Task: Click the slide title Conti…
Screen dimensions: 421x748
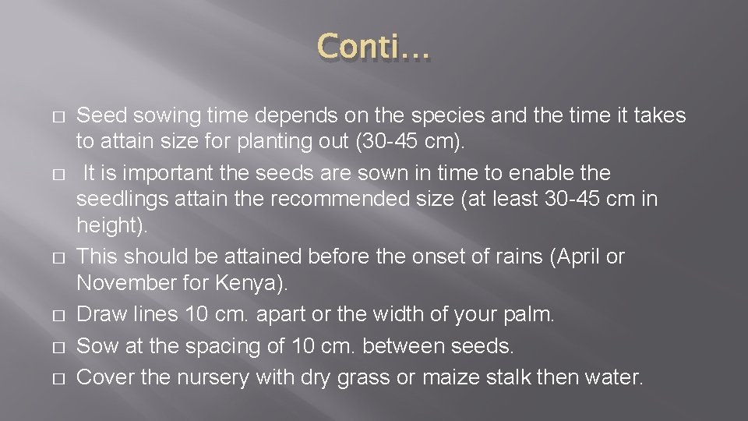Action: point(373,49)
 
